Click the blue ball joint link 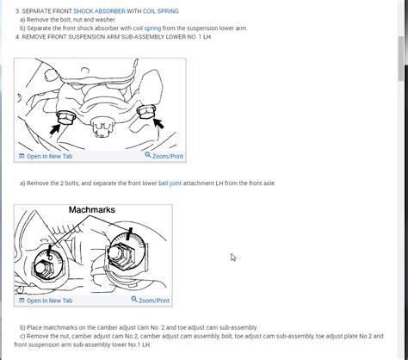tap(170, 183)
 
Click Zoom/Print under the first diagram tap(164, 156)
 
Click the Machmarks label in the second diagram tap(92, 210)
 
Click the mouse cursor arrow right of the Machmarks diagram tap(233, 258)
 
